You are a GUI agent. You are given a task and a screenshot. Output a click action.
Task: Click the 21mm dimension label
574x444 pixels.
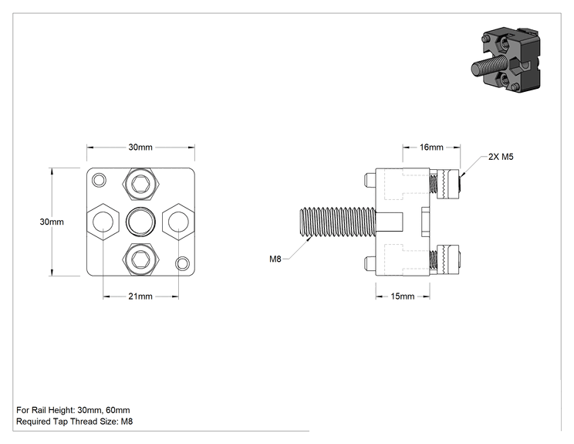click(140, 296)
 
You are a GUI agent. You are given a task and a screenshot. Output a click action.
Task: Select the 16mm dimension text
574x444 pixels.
click(431, 147)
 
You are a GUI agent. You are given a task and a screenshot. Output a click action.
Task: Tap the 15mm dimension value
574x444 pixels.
click(402, 296)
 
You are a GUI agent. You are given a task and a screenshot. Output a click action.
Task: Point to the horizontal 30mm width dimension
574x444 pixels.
click(140, 147)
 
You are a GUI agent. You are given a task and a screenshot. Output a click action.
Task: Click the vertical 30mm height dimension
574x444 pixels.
click(52, 222)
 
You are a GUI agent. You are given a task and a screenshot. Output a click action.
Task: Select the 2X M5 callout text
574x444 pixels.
click(501, 157)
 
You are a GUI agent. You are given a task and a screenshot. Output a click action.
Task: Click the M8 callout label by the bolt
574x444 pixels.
click(275, 259)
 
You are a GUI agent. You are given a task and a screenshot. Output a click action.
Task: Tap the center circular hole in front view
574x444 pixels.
click(140, 222)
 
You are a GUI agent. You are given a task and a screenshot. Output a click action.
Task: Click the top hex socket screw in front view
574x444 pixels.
click(140, 185)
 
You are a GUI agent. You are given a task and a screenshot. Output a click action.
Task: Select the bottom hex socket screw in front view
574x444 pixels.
click(140, 259)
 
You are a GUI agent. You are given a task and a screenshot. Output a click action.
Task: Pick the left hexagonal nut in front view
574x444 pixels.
click(103, 222)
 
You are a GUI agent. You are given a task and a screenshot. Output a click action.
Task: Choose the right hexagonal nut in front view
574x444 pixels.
click(178, 222)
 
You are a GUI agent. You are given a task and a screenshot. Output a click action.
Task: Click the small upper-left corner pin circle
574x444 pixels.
click(99, 180)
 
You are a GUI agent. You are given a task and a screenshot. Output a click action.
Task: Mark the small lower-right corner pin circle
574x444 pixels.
click(183, 263)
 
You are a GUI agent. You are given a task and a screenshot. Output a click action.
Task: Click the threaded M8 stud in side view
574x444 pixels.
click(337, 222)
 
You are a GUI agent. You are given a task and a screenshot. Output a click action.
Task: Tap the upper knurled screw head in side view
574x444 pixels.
click(448, 185)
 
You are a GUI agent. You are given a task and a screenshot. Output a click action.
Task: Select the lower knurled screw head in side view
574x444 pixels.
click(448, 259)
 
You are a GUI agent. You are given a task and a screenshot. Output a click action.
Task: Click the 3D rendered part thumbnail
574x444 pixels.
click(505, 59)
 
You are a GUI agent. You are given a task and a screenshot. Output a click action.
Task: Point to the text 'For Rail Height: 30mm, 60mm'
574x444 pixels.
click(73, 410)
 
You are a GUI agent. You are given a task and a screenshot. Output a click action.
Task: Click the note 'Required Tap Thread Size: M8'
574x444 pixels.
click(75, 422)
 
